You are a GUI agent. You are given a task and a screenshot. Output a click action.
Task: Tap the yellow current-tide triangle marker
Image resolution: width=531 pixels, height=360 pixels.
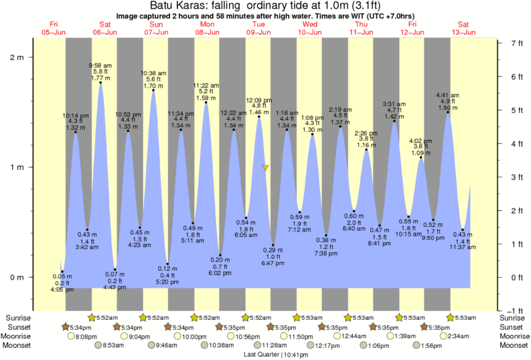[266, 167]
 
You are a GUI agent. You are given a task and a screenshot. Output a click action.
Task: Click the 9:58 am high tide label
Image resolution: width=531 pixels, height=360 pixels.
[100, 65]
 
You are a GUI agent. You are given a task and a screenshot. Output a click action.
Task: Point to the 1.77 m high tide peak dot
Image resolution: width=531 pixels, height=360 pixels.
[100, 83]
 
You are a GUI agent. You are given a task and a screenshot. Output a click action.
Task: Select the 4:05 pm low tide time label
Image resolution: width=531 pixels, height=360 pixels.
[62, 290]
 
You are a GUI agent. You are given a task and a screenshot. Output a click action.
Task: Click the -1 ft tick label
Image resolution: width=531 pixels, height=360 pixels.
[515, 310]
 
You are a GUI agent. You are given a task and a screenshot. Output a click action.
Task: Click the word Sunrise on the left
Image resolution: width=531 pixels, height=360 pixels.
[18, 317]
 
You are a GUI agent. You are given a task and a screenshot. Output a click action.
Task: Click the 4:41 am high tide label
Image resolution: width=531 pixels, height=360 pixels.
[447, 95]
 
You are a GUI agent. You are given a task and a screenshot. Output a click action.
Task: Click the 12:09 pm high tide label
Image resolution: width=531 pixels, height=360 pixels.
[258, 100]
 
